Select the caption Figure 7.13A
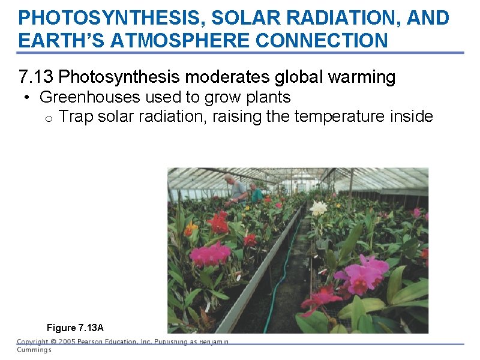pos(75,328)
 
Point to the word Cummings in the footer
pos(34,350)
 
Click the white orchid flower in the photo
pos(319,208)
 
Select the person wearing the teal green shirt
pos(256,194)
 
